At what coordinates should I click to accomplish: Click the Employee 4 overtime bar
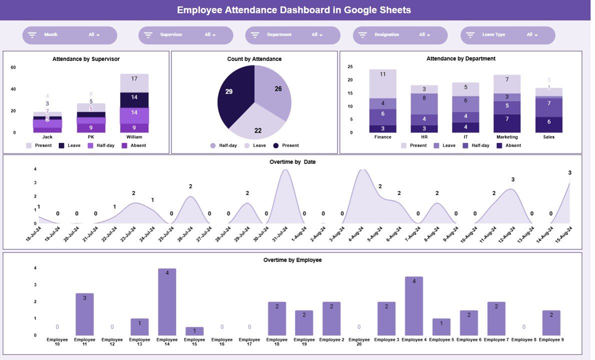[414, 305]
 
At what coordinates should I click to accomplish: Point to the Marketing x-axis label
[507, 137]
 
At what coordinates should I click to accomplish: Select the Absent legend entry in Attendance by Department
[508, 145]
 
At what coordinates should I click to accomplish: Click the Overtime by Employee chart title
[292, 260]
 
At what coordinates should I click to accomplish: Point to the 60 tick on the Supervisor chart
[13, 67]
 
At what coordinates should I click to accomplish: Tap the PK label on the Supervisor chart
[90, 137]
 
